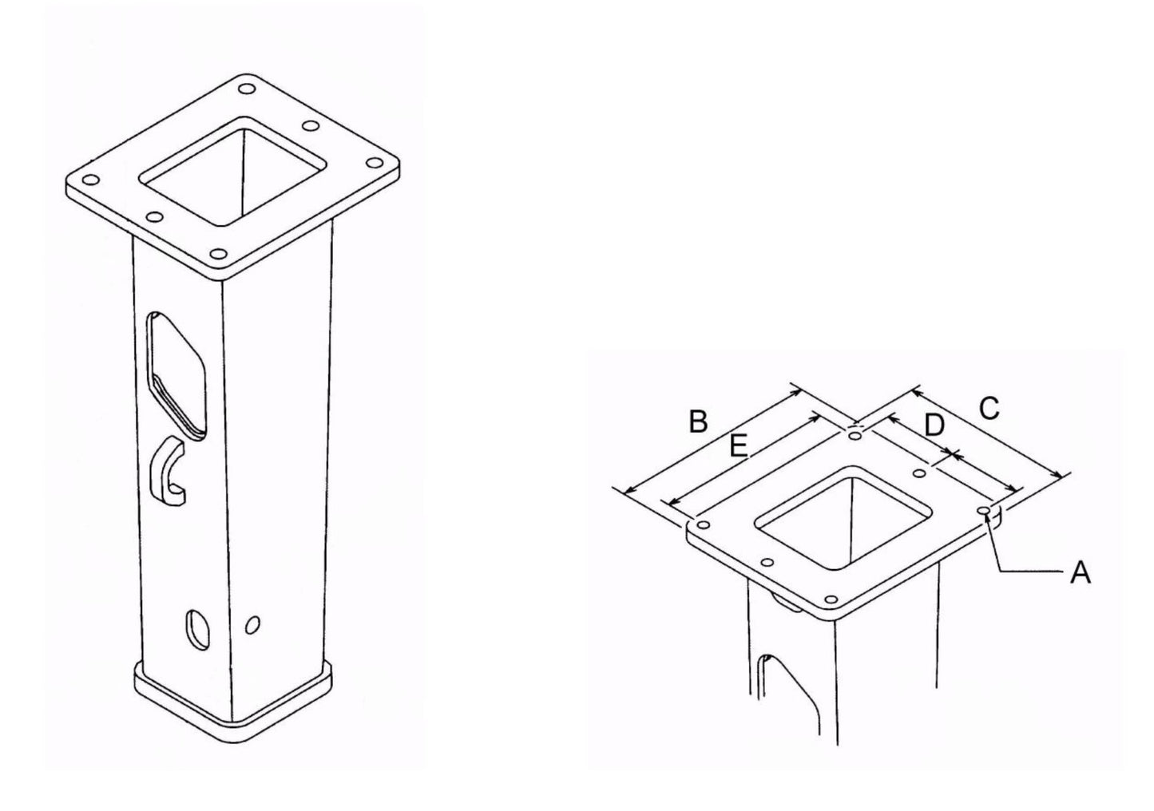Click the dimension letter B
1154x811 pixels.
point(698,421)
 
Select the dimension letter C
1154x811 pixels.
point(989,408)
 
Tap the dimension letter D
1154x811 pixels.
point(934,425)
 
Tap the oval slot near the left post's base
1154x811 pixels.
point(196,628)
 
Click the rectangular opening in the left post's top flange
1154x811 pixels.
point(236,170)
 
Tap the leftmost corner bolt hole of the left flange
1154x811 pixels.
point(90,180)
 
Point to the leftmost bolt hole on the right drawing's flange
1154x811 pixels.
point(704,524)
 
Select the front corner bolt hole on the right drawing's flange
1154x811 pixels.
point(832,599)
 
